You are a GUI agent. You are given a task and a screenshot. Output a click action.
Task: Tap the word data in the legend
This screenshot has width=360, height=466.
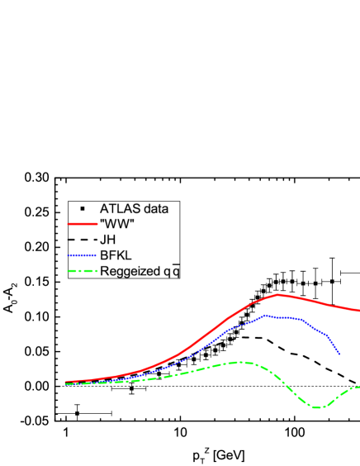click(x=156, y=208)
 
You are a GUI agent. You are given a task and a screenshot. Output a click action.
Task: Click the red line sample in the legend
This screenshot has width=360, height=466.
click(x=83, y=224)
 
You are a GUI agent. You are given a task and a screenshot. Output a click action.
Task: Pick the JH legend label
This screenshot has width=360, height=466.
click(x=108, y=240)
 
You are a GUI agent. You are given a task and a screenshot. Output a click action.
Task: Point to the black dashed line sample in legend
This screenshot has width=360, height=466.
click(x=83, y=240)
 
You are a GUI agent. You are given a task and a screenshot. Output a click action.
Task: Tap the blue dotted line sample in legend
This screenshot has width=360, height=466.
click(x=83, y=255)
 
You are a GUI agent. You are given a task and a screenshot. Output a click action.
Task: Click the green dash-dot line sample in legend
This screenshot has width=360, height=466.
click(x=83, y=271)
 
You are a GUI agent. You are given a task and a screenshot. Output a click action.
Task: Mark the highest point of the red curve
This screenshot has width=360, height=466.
click(x=280, y=294)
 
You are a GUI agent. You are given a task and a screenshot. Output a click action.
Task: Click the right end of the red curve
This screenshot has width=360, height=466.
click(x=358, y=311)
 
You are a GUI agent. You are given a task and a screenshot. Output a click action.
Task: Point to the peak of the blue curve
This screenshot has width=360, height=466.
click(x=265, y=315)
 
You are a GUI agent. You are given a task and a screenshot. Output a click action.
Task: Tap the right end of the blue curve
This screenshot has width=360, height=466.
click(x=339, y=354)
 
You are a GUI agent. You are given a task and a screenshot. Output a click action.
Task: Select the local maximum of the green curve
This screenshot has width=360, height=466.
click(x=240, y=362)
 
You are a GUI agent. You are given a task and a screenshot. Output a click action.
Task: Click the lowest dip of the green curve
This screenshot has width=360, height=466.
click(x=317, y=407)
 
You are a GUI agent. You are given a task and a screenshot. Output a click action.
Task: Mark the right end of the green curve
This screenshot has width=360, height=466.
click(x=358, y=386)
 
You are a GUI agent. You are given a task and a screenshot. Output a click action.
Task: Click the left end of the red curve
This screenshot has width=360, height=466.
click(x=66, y=383)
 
